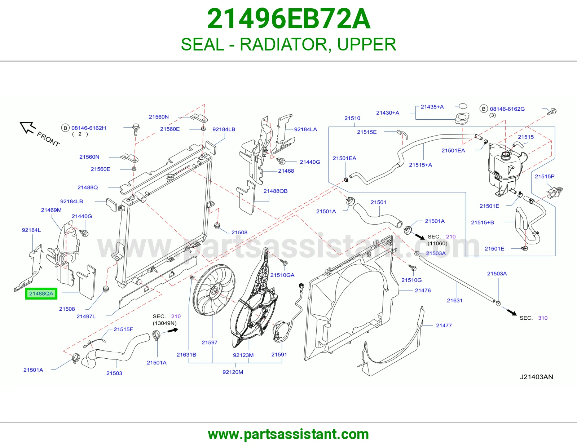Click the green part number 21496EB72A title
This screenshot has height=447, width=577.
tap(288, 19)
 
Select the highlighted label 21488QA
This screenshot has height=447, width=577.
tap(41, 293)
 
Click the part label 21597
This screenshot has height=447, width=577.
tap(210, 342)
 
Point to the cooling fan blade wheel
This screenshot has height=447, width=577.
tap(214, 290)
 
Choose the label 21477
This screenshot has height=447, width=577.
tap(444, 326)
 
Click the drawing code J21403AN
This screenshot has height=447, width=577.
tap(536, 377)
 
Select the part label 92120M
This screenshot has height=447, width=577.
tap(233, 372)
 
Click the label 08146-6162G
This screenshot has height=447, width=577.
tap(507, 109)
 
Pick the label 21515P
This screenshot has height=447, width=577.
tap(545, 177)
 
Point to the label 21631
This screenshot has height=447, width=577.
tap(455, 301)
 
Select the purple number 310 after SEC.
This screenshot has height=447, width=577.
tap(543, 318)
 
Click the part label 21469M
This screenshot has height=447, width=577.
tap(51, 210)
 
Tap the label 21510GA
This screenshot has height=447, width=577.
tap(282, 275)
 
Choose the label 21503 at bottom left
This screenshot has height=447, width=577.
tap(114, 373)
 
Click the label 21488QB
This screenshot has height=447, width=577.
tap(276, 191)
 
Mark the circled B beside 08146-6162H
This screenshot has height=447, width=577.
tap(65, 128)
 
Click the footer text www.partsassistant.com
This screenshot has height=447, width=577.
tap(288, 434)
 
